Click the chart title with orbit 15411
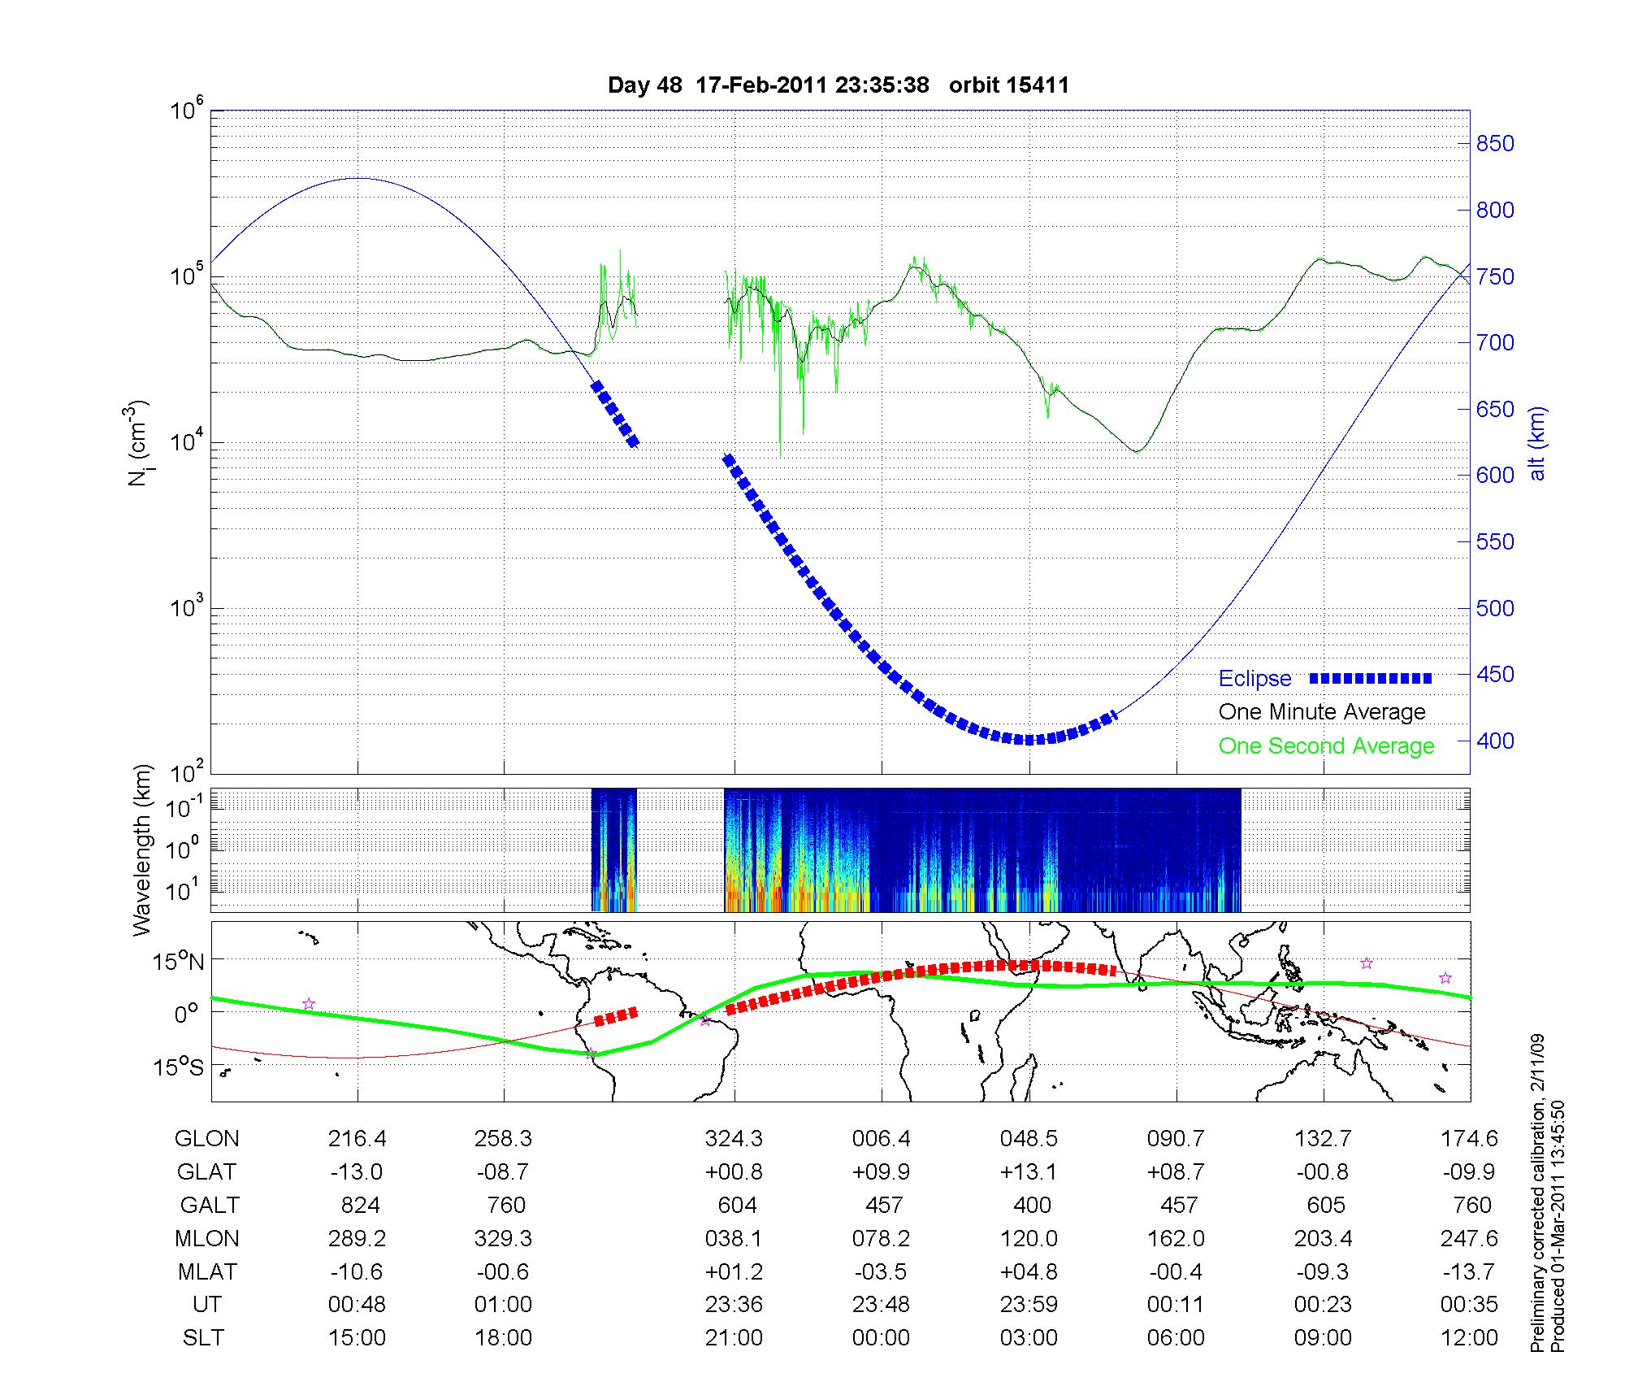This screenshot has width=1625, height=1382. pyautogui.click(x=838, y=85)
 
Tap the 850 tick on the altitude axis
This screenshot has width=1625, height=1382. pyautogui.click(x=1494, y=144)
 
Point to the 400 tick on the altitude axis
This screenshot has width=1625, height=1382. pyautogui.click(x=1494, y=741)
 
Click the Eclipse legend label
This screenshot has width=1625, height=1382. pyautogui.click(x=1254, y=679)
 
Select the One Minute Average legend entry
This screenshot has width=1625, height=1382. pyautogui.click(x=1322, y=712)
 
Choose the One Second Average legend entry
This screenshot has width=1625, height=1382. pyautogui.click(x=1326, y=746)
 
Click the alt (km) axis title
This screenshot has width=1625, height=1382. pyautogui.click(x=1537, y=443)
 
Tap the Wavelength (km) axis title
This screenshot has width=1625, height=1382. pyautogui.click(x=142, y=850)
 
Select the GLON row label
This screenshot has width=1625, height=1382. pyautogui.click(x=206, y=1139)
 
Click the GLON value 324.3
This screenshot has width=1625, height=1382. pyautogui.click(x=734, y=1139)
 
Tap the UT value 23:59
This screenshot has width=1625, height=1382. pyautogui.click(x=1029, y=1305)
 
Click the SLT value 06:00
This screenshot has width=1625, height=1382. pyautogui.click(x=1176, y=1338)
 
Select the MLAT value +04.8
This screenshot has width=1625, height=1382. pyautogui.click(x=1029, y=1271)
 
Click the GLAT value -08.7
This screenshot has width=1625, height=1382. pyautogui.click(x=504, y=1172)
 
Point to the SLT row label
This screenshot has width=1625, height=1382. pyautogui.click(x=203, y=1338)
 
